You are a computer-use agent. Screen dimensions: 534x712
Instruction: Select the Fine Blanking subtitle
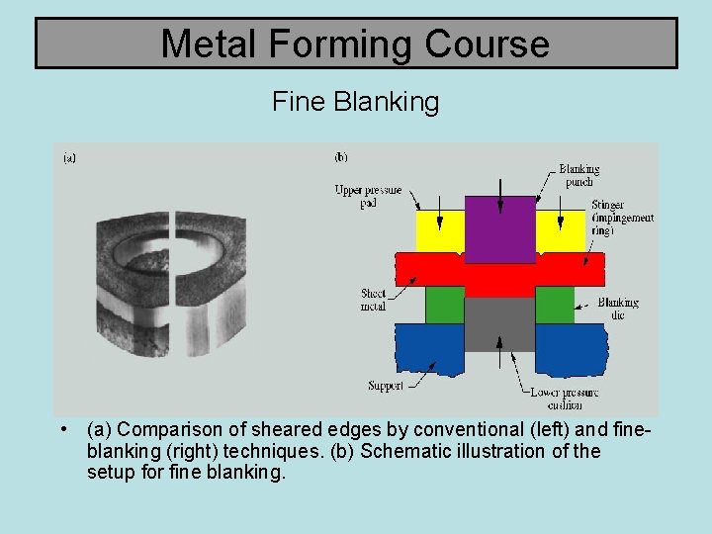tap(355, 102)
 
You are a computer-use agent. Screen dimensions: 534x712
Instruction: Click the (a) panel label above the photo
tap(69, 156)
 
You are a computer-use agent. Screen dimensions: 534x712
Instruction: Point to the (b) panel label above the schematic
tap(340, 156)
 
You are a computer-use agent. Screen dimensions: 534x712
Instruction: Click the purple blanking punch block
tap(500, 228)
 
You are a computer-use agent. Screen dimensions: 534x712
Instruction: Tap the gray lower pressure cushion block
tap(499, 323)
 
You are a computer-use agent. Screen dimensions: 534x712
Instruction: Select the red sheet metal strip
tap(499, 270)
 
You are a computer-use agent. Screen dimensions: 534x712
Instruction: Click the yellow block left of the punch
tap(441, 230)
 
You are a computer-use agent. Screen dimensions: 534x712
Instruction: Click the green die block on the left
tap(444, 305)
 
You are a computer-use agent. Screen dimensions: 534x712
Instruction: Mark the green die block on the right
tap(555, 305)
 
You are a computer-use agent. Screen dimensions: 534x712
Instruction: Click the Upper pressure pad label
tap(368, 196)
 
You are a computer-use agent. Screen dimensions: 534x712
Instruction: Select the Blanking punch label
tap(578, 175)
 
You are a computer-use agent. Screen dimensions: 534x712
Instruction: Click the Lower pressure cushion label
tap(564, 399)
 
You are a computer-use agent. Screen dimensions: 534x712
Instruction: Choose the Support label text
tap(385, 386)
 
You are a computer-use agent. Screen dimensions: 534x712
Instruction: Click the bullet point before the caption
tap(62, 429)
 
